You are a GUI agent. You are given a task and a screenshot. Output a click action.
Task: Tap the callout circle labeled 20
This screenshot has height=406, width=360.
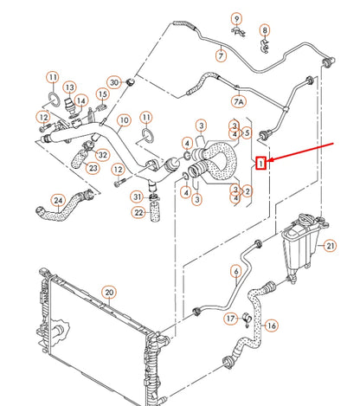(108, 291)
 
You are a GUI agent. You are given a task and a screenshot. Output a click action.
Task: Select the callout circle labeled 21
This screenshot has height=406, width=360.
(330, 246)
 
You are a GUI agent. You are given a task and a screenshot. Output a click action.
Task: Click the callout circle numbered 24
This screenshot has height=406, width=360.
(58, 201)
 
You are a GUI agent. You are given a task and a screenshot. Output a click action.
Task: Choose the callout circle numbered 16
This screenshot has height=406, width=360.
(272, 325)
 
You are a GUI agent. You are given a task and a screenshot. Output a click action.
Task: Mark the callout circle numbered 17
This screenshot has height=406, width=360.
(230, 319)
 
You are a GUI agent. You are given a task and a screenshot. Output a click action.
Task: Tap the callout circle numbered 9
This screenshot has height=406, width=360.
(236, 18)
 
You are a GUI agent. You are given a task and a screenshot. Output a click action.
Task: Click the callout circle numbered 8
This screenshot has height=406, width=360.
(265, 31)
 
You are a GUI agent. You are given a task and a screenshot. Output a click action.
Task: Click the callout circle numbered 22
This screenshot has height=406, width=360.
(138, 213)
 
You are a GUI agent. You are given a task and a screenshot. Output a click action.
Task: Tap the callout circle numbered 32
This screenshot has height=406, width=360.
(103, 155)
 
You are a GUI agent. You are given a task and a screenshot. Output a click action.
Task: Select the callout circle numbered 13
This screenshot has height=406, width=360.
(69, 87)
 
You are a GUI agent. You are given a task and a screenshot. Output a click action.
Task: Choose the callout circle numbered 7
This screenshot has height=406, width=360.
(221, 56)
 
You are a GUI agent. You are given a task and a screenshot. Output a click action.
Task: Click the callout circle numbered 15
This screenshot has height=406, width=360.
(102, 94)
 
